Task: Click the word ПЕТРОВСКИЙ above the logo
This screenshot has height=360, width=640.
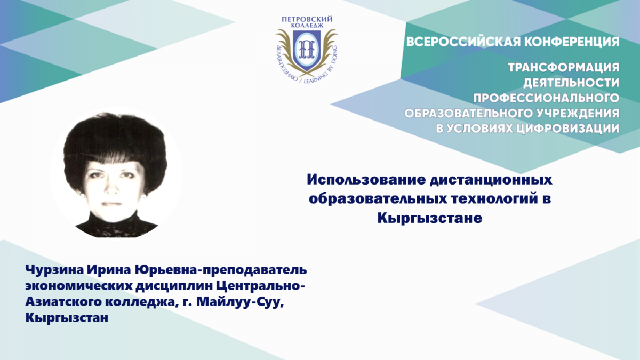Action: (307, 19)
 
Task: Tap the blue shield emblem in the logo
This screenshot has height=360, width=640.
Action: (307, 51)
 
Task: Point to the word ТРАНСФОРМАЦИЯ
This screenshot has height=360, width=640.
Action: (564, 67)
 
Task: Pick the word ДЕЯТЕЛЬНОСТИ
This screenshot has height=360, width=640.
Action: (571, 83)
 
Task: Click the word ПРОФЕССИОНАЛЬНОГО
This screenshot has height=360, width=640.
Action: (546, 98)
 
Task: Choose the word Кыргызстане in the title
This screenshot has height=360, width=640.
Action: (430, 218)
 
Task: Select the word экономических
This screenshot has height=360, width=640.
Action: (78, 286)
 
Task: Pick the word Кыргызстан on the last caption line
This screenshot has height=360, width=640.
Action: (67, 318)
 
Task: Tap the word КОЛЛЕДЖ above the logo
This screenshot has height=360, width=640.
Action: (307, 26)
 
